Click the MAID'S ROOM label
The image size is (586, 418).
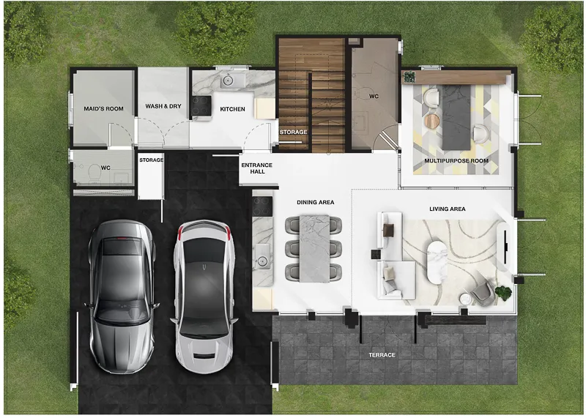[x=103, y=108]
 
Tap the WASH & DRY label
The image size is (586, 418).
[x=163, y=106]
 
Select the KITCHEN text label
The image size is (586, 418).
[x=232, y=109]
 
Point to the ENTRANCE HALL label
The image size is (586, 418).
[x=257, y=168]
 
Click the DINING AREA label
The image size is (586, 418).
[x=316, y=202]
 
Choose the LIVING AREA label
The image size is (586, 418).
[x=448, y=209]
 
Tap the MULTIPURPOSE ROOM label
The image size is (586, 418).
[x=456, y=160]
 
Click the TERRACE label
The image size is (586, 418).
[x=382, y=355]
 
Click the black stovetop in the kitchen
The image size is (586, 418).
[x=201, y=105]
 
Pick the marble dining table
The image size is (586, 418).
[x=314, y=248]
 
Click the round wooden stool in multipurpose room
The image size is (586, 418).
[x=432, y=121]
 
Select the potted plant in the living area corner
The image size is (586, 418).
[x=503, y=293]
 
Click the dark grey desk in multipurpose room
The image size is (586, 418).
[x=456, y=117]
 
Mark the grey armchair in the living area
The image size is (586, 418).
[x=483, y=292]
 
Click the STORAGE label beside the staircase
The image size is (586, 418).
[x=294, y=132]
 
